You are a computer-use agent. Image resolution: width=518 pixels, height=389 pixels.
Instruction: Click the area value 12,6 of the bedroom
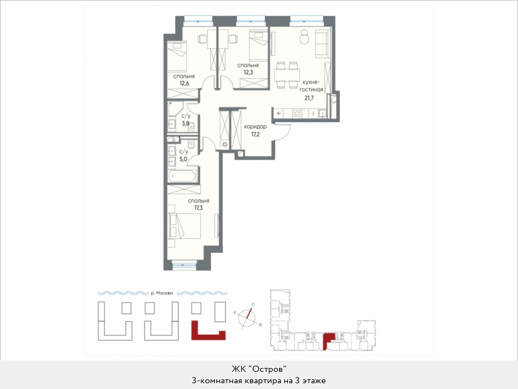(x=184, y=83)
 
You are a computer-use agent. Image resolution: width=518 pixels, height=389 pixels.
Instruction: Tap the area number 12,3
(x=248, y=72)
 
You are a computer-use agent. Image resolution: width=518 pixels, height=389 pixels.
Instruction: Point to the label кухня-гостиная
(x=311, y=85)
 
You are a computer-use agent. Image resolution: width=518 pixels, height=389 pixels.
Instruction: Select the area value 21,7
(x=309, y=98)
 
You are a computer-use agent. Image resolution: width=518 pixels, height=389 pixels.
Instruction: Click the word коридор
(x=255, y=127)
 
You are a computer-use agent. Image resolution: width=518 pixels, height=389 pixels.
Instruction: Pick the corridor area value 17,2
(x=255, y=134)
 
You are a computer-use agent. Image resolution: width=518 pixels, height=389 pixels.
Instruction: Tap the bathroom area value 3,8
(x=185, y=123)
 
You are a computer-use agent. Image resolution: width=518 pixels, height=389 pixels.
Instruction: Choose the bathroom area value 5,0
(x=183, y=159)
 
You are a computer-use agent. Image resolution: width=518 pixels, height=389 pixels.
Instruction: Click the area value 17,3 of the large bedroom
(x=199, y=208)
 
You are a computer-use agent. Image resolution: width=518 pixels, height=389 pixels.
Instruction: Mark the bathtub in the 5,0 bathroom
(x=183, y=177)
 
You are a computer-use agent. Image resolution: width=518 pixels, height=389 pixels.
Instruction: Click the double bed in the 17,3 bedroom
(x=184, y=226)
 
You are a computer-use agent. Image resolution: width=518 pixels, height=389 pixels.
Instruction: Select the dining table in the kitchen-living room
(x=287, y=75)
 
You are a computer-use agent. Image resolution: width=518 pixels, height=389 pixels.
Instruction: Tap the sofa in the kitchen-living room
(x=323, y=43)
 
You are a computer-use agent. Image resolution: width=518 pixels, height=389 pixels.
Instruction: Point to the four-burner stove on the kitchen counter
(x=297, y=114)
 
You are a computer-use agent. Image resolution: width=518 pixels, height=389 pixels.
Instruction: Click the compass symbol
(x=248, y=317)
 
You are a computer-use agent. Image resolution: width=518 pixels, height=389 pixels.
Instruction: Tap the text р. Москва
(x=162, y=292)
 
